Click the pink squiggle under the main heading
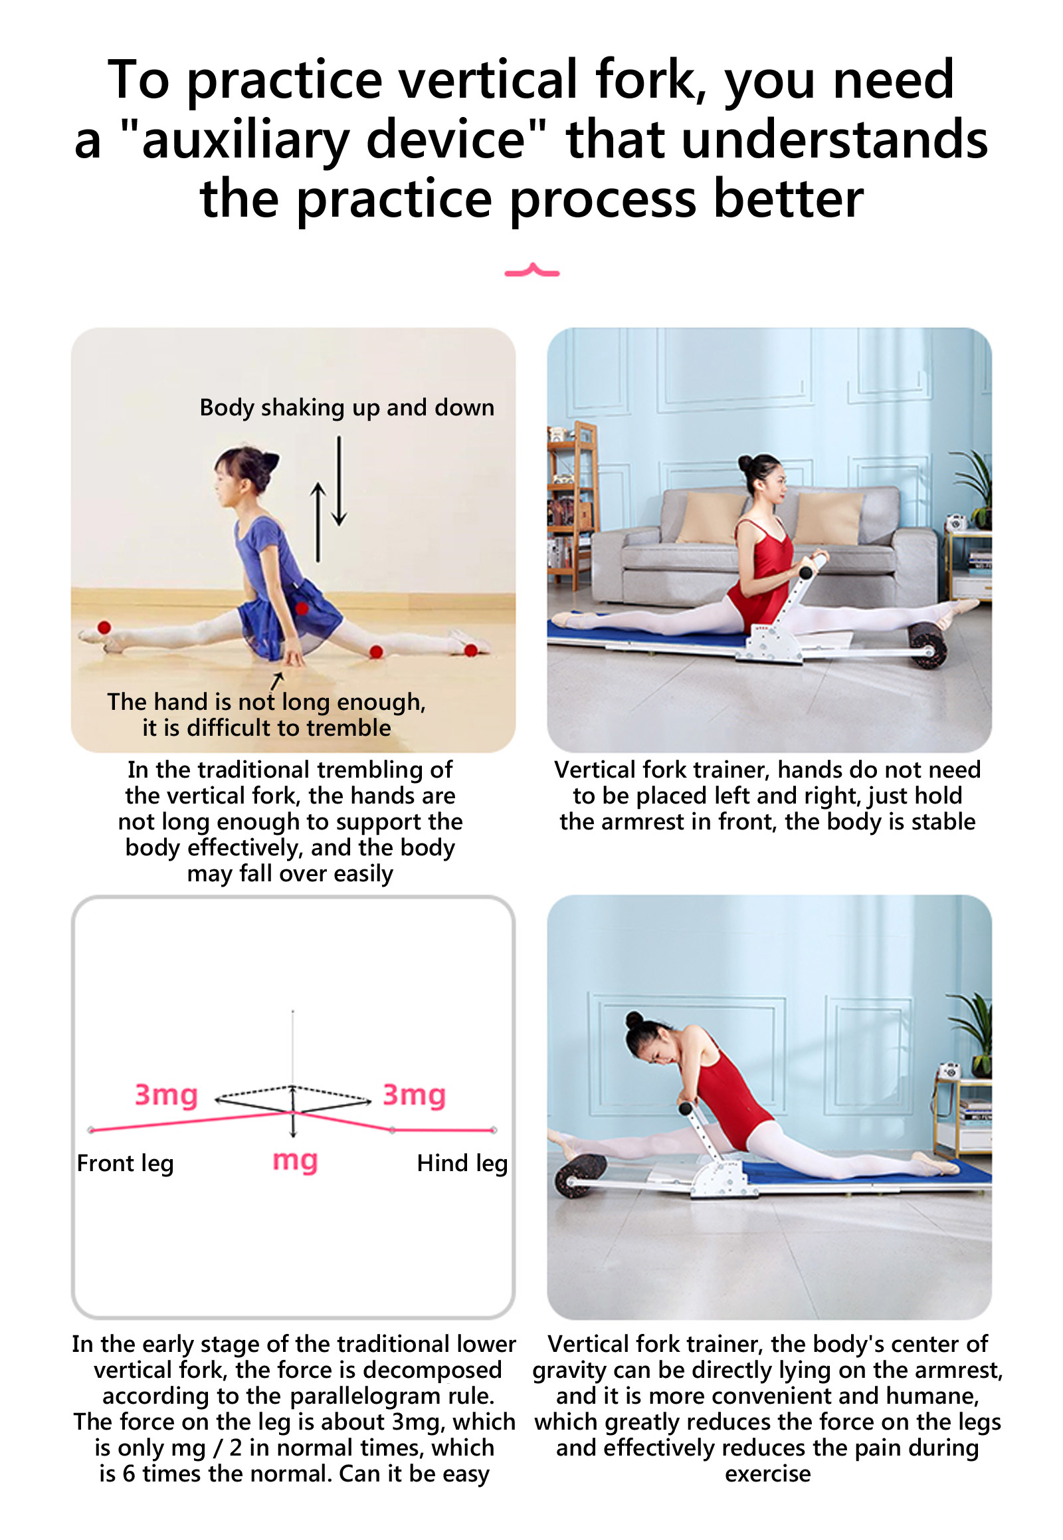coord(531,271)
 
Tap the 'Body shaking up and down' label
coord(347,408)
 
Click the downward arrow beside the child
coord(339,481)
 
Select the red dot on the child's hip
coord(302,607)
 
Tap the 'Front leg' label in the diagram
coord(125,1163)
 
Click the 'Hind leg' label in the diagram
coord(462,1163)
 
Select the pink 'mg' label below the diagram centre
coord(295,1161)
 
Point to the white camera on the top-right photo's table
coord(957,522)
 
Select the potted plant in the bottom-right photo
coord(974,1034)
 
